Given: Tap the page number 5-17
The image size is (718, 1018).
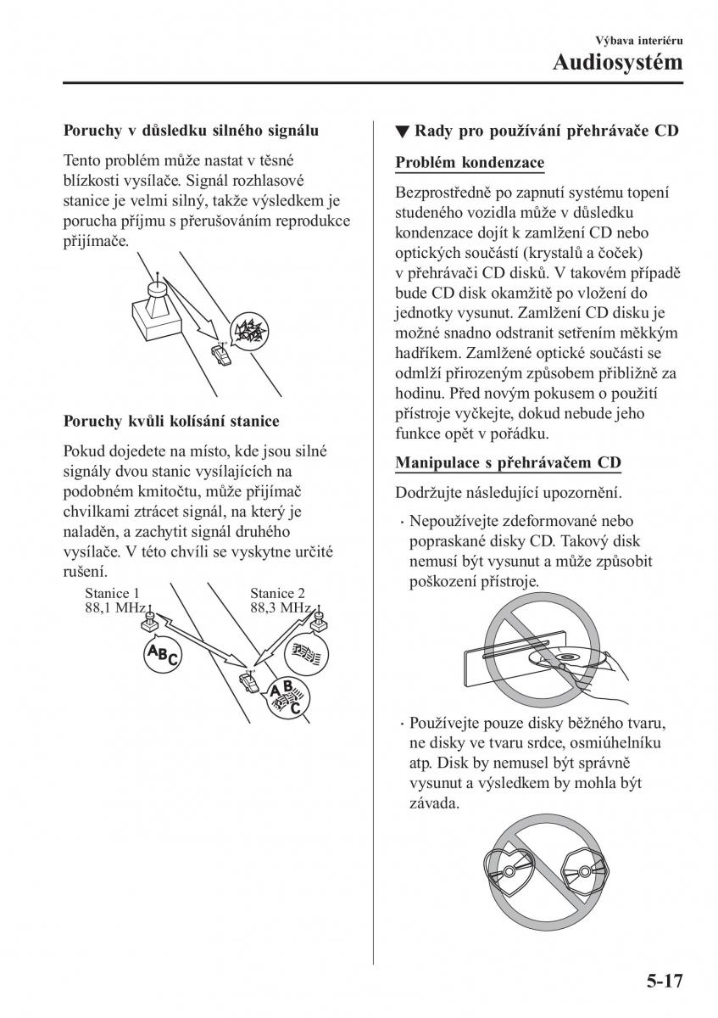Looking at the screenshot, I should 657,983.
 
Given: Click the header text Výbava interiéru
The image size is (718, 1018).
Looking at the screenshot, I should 643,40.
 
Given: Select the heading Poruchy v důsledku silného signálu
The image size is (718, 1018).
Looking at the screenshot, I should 191,131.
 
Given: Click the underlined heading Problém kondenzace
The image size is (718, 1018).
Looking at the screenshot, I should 470,162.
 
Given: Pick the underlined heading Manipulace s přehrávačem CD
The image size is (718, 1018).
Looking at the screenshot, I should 508,462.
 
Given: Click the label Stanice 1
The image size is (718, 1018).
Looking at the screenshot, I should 112,594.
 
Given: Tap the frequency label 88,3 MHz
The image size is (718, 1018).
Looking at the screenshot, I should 280,608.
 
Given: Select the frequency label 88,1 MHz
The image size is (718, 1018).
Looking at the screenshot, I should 115,608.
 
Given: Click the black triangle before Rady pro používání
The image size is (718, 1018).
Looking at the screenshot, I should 402,132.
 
